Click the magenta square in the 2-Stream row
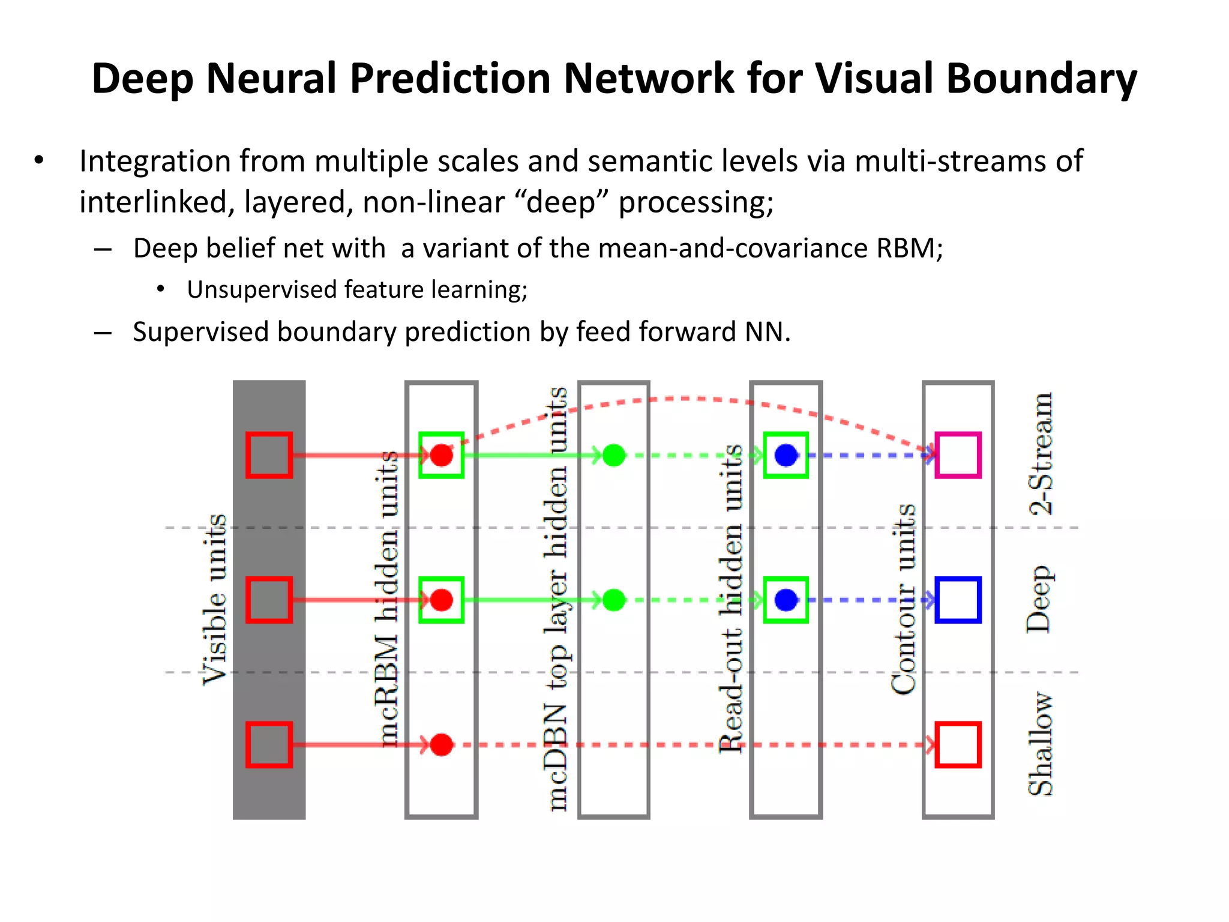[x=958, y=455]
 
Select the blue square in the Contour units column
[x=958, y=600]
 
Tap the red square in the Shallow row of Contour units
[x=958, y=745]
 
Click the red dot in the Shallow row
[x=442, y=745]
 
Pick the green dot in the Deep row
[x=614, y=600]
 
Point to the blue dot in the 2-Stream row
[x=786, y=455]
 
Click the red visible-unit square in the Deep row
[x=269, y=600]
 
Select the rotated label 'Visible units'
[x=214, y=600]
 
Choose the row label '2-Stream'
[x=1041, y=454]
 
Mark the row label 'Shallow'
[x=1041, y=744]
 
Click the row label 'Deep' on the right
[x=1039, y=599]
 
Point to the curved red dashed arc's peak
[x=684, y=398]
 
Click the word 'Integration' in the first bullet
[x=155, y=161]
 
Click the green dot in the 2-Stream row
[x=614, y=455]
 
